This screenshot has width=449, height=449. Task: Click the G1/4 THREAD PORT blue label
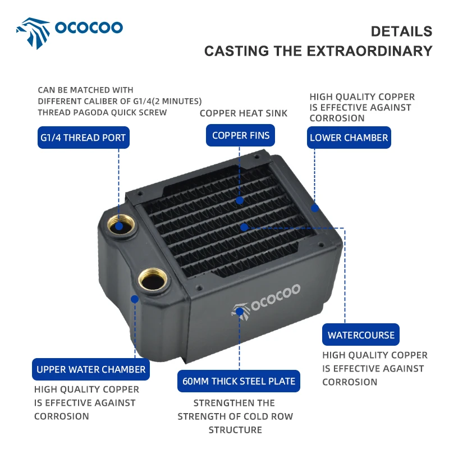tap(82, 138)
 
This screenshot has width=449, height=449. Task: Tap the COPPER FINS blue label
tap(241, 135)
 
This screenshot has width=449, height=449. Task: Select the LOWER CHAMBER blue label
tap(349, 138)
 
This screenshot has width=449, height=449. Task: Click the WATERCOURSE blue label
tap(361, 335)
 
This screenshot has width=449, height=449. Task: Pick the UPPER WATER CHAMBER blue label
tap(91, 369)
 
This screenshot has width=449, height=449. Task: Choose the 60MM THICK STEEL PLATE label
tap(239, 381)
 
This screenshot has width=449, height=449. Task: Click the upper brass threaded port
tap(119, 226)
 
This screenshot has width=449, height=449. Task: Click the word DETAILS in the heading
tap(401, 31)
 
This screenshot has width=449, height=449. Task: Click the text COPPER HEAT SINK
tap(244, 113)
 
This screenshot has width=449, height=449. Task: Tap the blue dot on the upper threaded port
tap(119, 226)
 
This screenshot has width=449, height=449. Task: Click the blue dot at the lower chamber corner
tap(315, 207)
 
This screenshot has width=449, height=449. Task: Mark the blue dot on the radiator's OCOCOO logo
tap(240, 310)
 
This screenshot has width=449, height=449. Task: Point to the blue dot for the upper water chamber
tap(135, 299)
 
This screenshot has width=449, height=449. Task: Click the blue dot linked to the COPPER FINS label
tap(240, 199)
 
